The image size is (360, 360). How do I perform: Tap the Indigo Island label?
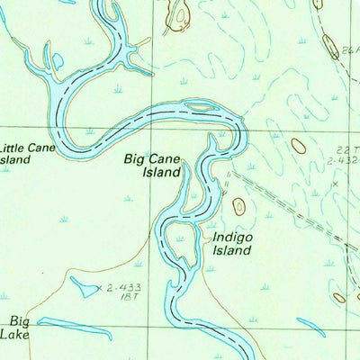click(x=230, y=244)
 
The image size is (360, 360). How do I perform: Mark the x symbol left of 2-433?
click(x=98, y=289)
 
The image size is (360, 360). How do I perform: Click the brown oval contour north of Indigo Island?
click(x=238, y=206)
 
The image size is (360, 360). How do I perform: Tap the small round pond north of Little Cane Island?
click(x=58, y=60)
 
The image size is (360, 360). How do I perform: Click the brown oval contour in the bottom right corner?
click(x=339, y=297)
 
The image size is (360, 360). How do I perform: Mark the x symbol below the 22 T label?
click(x=335, y=184)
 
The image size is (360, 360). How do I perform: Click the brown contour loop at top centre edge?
click(x=180, y=13)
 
